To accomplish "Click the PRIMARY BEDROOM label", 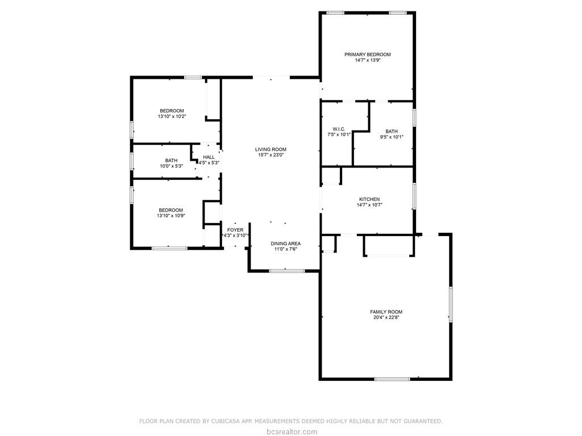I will (367, 54).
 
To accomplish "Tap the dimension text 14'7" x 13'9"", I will (367, 60).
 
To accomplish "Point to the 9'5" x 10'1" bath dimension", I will (392, 137).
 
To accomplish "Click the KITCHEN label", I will (369, 199).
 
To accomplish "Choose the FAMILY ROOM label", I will (386, 312).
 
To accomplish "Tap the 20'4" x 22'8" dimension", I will (386, 317).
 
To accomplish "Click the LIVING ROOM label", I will (271, 149).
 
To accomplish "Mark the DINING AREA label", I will (285, 243).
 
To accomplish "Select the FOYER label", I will (235, 230).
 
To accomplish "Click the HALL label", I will (209, 157).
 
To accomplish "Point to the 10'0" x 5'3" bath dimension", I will (171, 166).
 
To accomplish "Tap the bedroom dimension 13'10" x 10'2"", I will (172, 116).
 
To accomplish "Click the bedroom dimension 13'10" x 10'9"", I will (171, 216).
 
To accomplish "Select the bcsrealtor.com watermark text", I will (291, 432).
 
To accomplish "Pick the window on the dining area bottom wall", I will (286, 271).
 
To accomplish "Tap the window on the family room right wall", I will (451, 304).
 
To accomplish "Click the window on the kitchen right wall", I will (414, 195).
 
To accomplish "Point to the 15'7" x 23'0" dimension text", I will (271, 155).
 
